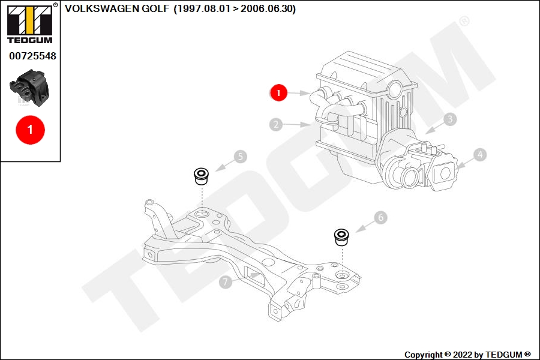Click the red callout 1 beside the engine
pos(278,92)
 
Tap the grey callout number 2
pos(276,124)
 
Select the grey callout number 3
pos(450,119)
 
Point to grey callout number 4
pos(480,155)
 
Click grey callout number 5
pos(241,157)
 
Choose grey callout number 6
pos(380,217)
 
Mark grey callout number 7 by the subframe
pos(226,282)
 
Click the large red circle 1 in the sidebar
pos(31,130)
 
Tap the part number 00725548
pos(32,56)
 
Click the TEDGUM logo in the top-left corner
pos(30,24)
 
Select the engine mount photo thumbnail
pos(29,88)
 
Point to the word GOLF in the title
pos(155,8)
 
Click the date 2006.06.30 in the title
pos(266,8)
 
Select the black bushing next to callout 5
pos(202,176)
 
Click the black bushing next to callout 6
pos(341,237)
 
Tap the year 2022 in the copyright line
pos(463,355)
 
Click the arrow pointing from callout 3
pos(434,128)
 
